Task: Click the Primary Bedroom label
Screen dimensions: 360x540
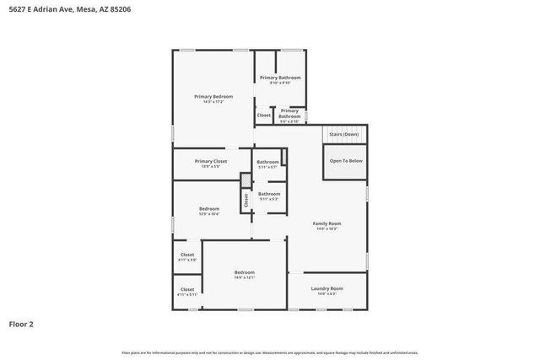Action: pos(213,97)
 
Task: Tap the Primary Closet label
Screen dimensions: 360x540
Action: pos(210,161)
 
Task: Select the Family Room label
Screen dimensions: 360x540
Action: pos(327,223)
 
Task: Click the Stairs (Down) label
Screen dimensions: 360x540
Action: pos(343,135)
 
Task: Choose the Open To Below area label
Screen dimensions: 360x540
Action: pos(346,161)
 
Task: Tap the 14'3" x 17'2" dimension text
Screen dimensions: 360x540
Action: pos(213,102)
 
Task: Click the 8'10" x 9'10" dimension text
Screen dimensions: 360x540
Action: pos(280,83)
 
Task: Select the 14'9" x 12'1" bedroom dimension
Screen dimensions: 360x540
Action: pos(245,277)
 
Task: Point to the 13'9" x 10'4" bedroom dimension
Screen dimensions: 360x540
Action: pos(209,214)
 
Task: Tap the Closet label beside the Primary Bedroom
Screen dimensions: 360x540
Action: pos(264,116)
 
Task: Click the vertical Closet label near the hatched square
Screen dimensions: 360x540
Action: pos(246,200)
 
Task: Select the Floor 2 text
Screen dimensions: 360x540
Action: pos(21,323)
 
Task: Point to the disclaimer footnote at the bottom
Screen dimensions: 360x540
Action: pos(270,352)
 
